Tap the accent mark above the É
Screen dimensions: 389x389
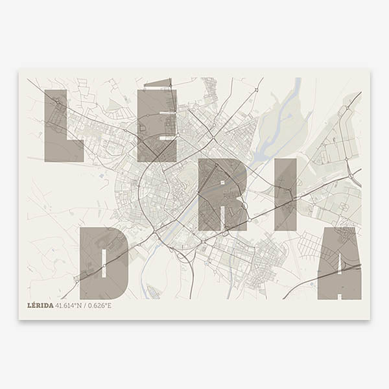[x=159, y=82]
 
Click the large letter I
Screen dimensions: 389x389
[x=285, y=194]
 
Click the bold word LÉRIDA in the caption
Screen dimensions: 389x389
[x=41, y=305]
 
